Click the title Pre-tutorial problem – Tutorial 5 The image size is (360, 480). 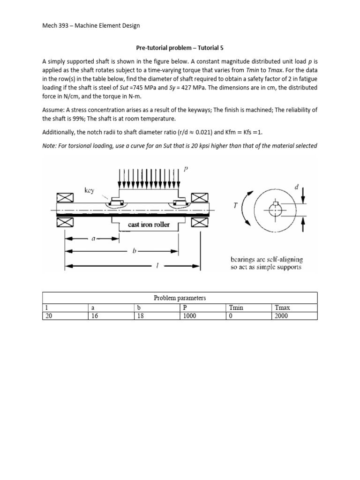pos(180,47)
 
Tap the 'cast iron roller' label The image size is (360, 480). pos(149,225)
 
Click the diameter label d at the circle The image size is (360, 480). pos(296,187)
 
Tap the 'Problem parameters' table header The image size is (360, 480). pos(180,298)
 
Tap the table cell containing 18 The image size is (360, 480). pos(139,316)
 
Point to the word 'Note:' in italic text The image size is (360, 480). pos(50,146)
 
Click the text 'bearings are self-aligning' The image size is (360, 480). pos(266,259)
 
